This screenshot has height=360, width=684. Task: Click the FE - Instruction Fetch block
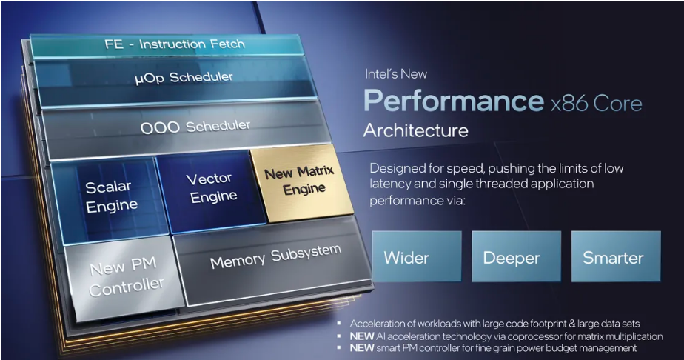167,45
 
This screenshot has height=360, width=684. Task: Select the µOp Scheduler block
176,81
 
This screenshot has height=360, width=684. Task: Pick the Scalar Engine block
110,199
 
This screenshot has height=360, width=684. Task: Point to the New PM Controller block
125,277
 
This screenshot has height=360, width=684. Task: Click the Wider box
417,256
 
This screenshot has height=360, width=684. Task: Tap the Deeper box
517,256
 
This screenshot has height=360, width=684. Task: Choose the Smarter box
616,256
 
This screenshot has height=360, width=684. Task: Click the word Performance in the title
454,101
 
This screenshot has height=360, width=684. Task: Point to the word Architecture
416,130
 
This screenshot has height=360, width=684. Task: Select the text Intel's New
395,74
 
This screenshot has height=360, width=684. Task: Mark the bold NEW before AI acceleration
362,336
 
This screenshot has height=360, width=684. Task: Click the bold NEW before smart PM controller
362,348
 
